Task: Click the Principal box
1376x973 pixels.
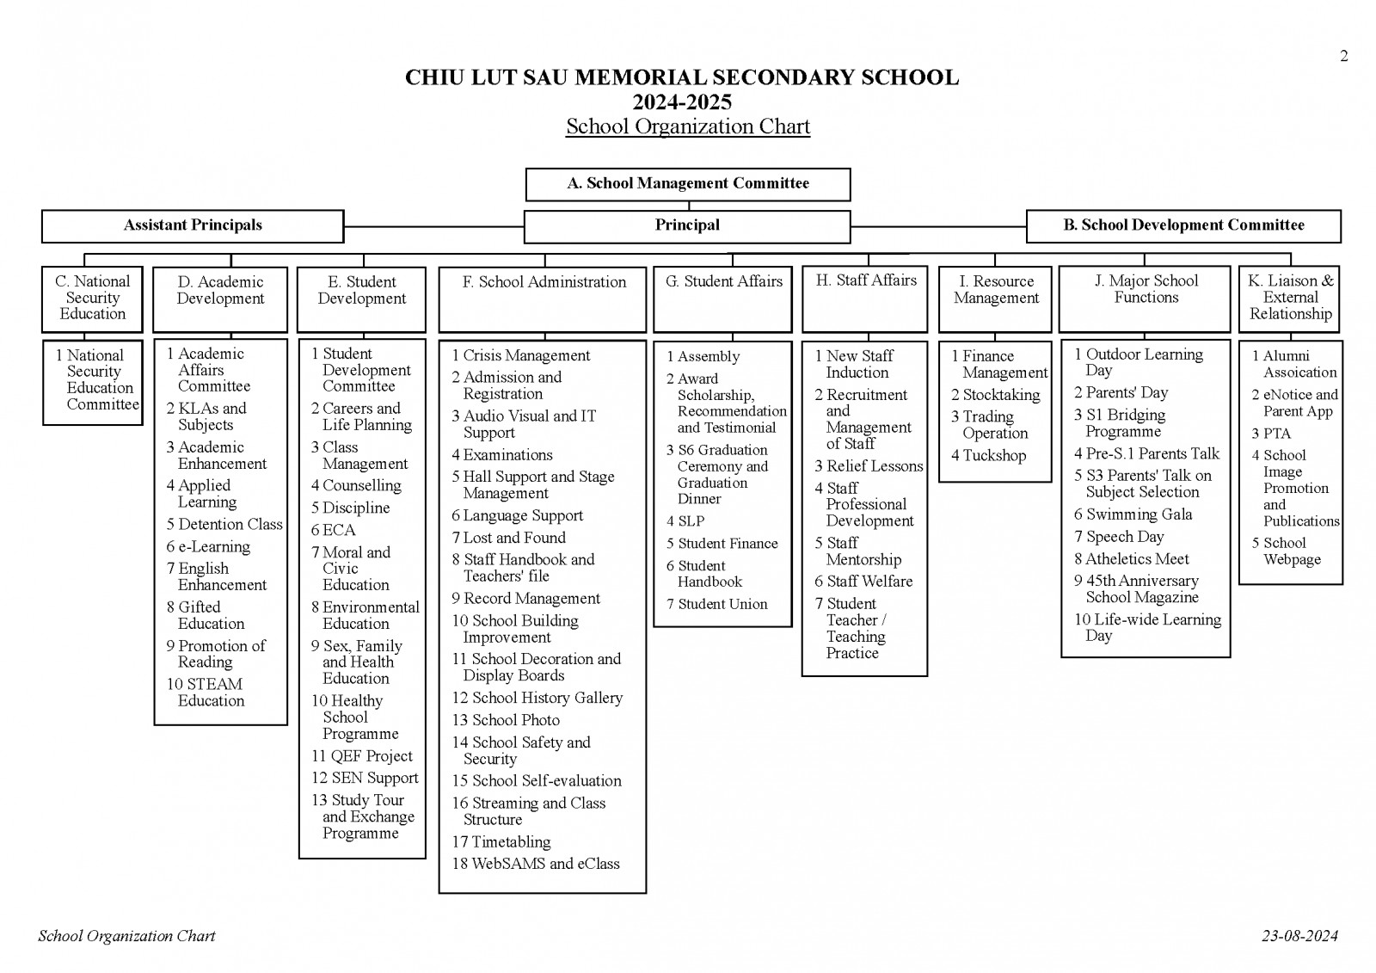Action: [687, 226]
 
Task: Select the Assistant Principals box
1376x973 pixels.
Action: [193, 226]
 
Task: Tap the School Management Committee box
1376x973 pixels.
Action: [688, 183]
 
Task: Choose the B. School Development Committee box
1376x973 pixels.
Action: [1183, 226]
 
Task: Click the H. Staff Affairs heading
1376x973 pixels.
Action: [865, 280]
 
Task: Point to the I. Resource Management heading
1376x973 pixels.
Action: [996, 290]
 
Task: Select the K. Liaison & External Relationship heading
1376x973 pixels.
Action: [1290, 298]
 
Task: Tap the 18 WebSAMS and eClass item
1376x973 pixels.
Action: [536, 864]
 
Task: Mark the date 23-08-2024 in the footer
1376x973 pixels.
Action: [1299, 936]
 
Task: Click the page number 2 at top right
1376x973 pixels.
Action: [1343, 57]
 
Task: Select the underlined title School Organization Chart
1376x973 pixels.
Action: [688, 126]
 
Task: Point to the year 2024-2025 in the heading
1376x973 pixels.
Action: [682, 102]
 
